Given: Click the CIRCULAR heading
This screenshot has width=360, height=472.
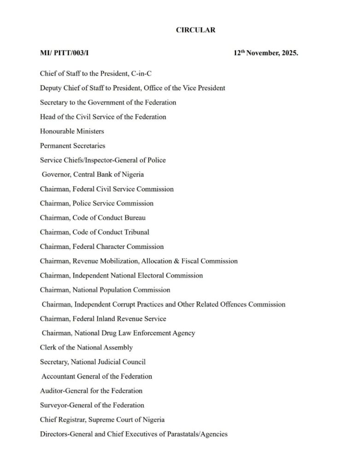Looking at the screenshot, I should pyautogui.click(x=195, y=30).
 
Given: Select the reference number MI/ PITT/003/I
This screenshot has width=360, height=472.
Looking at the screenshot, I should pyautogui.click(x=64, y=53).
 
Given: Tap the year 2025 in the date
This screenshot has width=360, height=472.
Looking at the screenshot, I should pyautogui.click(x=288, y=53).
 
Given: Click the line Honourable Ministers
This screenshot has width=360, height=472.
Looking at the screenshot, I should pyautogui.click(x=72, y=131).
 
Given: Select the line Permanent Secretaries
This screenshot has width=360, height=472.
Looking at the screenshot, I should pyautogui.click(x=72, y=146).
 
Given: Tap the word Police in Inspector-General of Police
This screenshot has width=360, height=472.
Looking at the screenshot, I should pyautogui.click(x=156, y=160).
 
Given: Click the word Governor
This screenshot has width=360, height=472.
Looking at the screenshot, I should pyautogui.click(x=56, y=175).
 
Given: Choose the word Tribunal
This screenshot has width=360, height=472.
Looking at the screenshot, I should pyautogui.click(x=137, y=232).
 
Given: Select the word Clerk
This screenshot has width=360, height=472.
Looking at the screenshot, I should pyautogui.click(x=48, y=348).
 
